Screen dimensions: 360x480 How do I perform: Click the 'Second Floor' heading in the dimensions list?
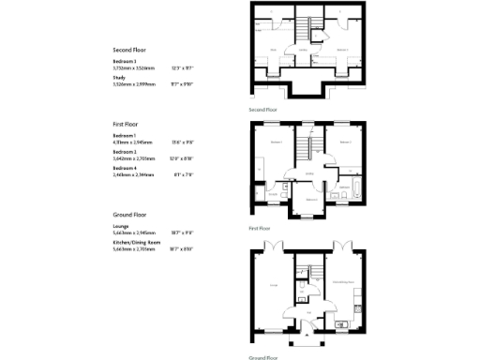[x=128, y=50]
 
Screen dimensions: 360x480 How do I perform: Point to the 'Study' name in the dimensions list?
[x=118, y=79]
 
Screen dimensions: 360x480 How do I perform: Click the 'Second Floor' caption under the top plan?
[x=263, y=109]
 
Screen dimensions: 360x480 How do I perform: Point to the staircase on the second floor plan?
[x=304, y=37]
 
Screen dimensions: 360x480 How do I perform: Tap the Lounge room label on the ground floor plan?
[x=273, y=285]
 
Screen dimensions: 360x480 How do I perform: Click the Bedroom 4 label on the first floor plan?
[x=309, y=199]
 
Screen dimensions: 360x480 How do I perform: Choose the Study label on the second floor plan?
[x=272, y=50]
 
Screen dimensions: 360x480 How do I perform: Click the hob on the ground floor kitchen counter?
[x=357, y=302]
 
